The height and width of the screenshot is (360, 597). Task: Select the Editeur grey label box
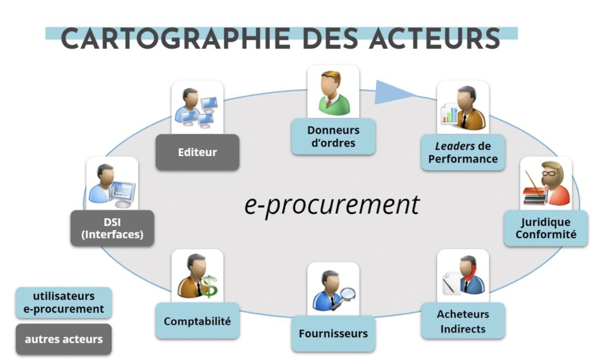click(197, 152)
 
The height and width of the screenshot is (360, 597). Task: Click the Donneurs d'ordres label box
click(333, 136)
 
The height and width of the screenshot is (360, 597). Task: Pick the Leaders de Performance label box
click(463, 152)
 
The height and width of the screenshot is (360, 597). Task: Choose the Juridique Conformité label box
click(545, 228)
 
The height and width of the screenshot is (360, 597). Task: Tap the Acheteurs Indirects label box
click(463, 321)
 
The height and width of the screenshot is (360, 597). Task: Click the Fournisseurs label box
click(333, 333)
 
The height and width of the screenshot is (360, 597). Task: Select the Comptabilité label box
click(197, 321)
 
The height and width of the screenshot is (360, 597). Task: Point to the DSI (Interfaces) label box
click(112, 228)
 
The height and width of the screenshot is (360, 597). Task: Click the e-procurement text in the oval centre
click(332, 204)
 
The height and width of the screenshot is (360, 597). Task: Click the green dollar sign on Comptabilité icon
click(209, 286)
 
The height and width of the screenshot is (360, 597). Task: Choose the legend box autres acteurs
click(64, 339)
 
